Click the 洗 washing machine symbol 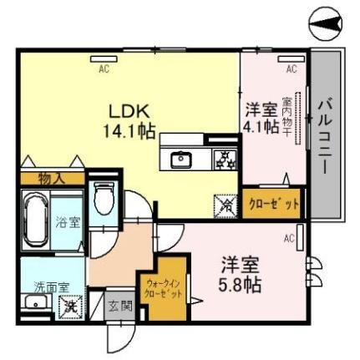[69, 306]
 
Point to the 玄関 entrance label [119, 306]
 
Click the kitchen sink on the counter [181, 158]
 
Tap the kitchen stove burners [225, 158]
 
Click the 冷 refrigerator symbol [225, 201]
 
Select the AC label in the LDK [104, 69]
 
